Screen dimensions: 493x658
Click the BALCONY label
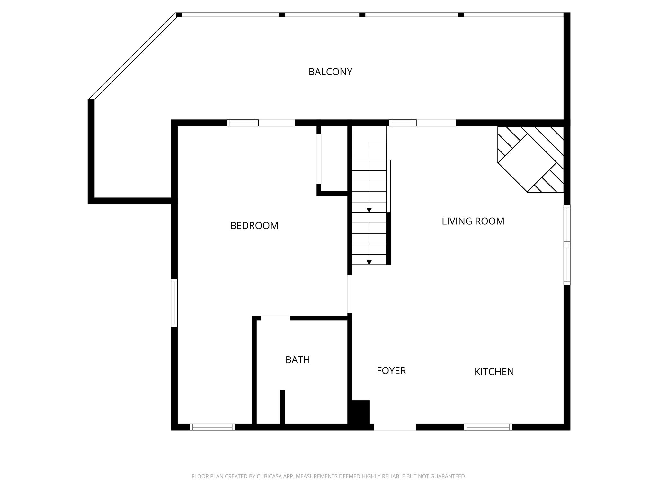coord(330,72)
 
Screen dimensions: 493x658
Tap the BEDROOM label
coord(254,226)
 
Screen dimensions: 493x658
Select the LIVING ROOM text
coord(473,221)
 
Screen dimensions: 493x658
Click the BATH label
coord(298,360)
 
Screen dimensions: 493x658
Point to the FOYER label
coord(391,371)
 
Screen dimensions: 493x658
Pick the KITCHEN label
coord(494,372)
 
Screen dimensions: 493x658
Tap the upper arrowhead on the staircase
coord(369,210)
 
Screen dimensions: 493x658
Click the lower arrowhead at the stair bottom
coord(369,262)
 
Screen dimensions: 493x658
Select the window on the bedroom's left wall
coord(174,303)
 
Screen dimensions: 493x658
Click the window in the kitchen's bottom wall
coord(488,427)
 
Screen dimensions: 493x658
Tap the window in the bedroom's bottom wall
coord(212,427)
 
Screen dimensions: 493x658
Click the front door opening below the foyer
coord(395,427)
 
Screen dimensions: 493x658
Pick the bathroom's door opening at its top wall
coord(275,318)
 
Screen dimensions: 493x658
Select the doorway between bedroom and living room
coord(350,294)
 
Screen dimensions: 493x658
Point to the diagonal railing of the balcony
coord(132,56)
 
